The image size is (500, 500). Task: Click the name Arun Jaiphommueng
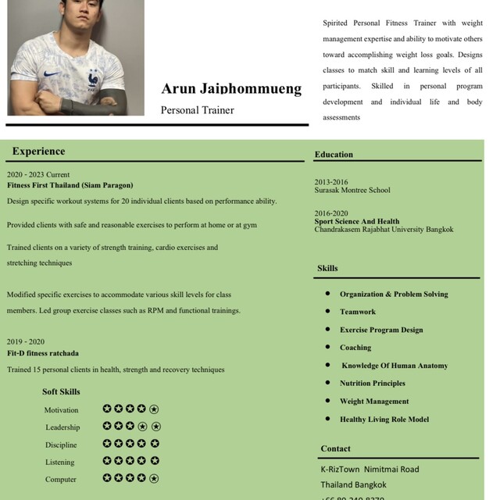point(231,88)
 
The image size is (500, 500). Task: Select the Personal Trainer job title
point(197,110)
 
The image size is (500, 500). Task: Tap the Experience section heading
point(38,152)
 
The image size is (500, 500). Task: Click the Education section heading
point(334,155)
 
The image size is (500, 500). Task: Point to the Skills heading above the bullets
point(327,268)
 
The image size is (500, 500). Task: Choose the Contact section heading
point(335,448)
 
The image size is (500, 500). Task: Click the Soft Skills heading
point(61,391)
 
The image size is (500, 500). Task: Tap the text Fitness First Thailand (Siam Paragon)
point(70,185)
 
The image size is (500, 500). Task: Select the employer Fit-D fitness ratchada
point(43,353)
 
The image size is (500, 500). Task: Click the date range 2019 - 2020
point(26,341)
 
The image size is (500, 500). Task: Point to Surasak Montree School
point(352,190)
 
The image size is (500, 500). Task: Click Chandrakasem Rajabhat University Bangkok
point(384,230)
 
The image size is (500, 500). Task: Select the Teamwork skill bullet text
point(357,312)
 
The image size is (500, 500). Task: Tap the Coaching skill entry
point(355,348)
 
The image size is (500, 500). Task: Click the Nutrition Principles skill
point(372,384)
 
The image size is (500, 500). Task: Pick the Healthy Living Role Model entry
point(384,420)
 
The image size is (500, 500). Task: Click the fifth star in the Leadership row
point(155,426)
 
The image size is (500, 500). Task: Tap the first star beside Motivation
point(107,409)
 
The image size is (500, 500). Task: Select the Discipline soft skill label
point(61,445)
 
